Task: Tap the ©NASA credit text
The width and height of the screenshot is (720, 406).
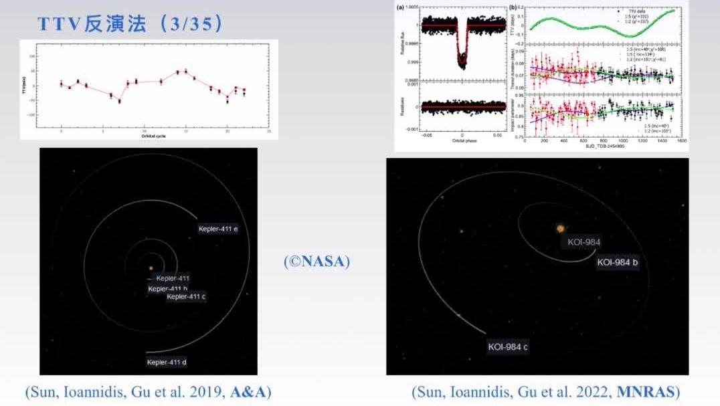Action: (x=317, y=262)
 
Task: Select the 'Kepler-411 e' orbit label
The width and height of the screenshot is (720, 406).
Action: (x=218, y=229)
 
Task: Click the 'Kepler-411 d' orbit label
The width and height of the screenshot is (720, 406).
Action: (x=166, y=363)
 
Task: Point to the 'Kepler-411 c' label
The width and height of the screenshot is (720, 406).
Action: (x=186, y=297)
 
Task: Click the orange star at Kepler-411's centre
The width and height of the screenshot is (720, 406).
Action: (x=151, y=268)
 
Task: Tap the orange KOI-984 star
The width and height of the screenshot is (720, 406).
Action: (x=560, y=229)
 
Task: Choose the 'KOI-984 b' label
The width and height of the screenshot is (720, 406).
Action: (x=617, y=262)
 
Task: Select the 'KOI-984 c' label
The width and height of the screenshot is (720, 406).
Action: (x=508, y=346)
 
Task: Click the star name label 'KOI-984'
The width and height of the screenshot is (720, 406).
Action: (x=583, y=242)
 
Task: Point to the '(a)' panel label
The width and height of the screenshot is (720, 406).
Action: (x=401, y=8)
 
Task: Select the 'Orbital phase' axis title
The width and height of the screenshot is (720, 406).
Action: (x=462, y=141)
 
